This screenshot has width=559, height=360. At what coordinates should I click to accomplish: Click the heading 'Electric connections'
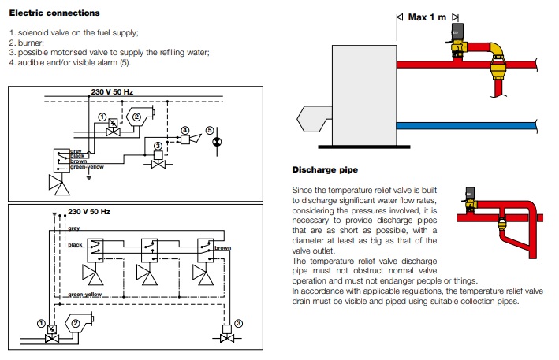coord(54,13)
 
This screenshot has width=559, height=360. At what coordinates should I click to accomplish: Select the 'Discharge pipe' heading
coord(325,170)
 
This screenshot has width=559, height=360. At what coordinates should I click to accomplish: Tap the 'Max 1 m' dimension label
coord(427,17)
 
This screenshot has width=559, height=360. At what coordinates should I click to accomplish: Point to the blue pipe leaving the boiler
coord(466,126)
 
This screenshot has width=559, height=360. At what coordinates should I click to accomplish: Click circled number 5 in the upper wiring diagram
coord(210,130)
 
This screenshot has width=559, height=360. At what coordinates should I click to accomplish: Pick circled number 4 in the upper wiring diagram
coord(185,130)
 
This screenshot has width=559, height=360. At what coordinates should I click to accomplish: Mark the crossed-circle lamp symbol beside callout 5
coord(217,142)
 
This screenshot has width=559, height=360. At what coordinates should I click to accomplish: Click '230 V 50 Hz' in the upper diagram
coord(112,92)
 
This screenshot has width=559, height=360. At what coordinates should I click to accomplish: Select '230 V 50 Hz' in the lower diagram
coord(89,212)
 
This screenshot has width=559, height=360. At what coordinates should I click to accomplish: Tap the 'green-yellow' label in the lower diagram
coord(85,295)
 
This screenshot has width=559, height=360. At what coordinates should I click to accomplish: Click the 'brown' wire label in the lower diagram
coord(223,248)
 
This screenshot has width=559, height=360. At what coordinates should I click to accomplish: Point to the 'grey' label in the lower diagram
coord(74,228)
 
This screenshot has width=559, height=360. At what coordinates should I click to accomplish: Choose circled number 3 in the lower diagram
coord(239,323)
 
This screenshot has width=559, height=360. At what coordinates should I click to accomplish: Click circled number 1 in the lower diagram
coord(41,323)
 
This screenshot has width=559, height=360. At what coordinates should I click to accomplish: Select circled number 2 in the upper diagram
coord(136,117)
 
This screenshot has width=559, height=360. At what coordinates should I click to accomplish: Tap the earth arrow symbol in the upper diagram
coord(89,178)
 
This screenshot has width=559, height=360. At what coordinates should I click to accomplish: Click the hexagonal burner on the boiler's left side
coord(314,119)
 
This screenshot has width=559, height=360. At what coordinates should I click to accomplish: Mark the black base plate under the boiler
coord(364,147)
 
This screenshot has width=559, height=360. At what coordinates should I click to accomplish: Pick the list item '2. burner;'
coord(27,43)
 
